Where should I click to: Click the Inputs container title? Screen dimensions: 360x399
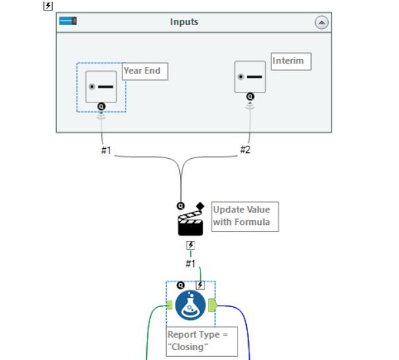[x=184, y=22]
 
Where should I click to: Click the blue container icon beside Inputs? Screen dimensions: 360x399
[x=68, y=21]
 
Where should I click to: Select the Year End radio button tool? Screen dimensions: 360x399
[x=101, y=87]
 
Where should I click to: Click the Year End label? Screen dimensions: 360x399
[x=145, y=71]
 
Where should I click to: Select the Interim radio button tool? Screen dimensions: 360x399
[x=250, y=77]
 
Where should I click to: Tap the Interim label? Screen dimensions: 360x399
[x=290, y=62]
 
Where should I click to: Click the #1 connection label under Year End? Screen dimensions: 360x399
[x=106, y=150]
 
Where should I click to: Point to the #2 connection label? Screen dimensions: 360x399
[x=245, y=150]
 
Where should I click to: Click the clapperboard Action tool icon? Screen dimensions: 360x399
[x=191, y=224]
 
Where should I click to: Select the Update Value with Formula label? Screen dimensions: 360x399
[x=244, y=216]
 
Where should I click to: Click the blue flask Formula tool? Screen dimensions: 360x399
[x=191, y=305]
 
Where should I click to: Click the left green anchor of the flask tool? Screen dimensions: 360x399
[x=169, y=305]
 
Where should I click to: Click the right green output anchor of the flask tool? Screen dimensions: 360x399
[x=212, y=305]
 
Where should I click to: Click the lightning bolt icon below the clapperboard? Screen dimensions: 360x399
[x=191, y=246]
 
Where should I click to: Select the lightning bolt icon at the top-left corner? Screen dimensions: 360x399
[x=48, y=5]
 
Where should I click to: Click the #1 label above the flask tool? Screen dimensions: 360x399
[x=191, y=263]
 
